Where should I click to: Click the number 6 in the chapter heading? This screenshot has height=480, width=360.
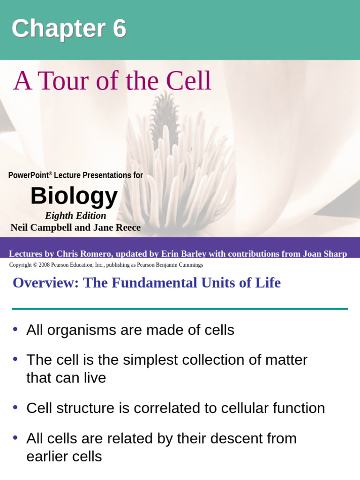pos(119,29)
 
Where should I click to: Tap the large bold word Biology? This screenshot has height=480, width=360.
pos(74,195)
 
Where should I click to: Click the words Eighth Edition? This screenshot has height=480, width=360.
pos(75,216)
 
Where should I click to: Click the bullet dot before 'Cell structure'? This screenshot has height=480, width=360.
pos(15,407)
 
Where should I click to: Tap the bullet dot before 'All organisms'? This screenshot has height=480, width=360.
pos(15,329)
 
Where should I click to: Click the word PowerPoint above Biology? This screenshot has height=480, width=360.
pos(29,175)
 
